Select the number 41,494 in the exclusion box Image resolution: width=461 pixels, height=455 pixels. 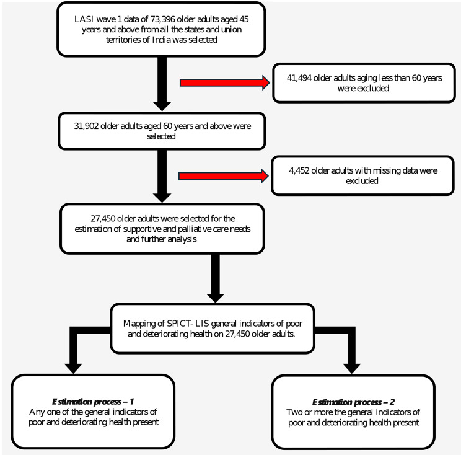[x=299, y=78]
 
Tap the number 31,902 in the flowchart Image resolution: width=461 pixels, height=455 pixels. [x=86, y=126]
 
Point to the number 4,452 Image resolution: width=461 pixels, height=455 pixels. [x=299, y=171]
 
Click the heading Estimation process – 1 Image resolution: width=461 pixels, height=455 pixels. [x=93, y=402]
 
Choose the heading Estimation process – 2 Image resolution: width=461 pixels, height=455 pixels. [x=353, y=402]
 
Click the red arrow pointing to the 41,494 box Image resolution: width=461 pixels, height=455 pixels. [x=225, y=82]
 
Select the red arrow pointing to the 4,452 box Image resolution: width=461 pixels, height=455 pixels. [x=224, y=176]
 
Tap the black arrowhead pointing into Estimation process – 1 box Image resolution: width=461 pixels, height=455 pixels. [x=73, y=369]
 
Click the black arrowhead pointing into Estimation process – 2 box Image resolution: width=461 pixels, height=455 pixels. [x=352, y=369]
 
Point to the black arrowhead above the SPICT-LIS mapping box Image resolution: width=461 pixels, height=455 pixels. [x=215, y=298]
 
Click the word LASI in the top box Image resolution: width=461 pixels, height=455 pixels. [x=84, y=19]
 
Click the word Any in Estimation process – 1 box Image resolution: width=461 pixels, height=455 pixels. [x=35, y=412]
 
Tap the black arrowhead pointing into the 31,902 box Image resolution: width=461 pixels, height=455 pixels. [x=162, y=107]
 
